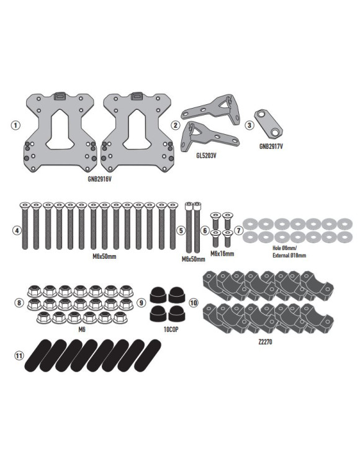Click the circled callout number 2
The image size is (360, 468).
click(176, 125)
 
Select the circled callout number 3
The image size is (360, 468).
click(250, 125)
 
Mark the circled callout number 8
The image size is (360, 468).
click(20, 303)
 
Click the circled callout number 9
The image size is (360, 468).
click(142, 303)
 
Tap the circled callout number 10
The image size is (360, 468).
click(194, 303)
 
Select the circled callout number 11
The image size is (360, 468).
click(20, 356)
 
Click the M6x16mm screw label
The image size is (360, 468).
click(222, 254)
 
